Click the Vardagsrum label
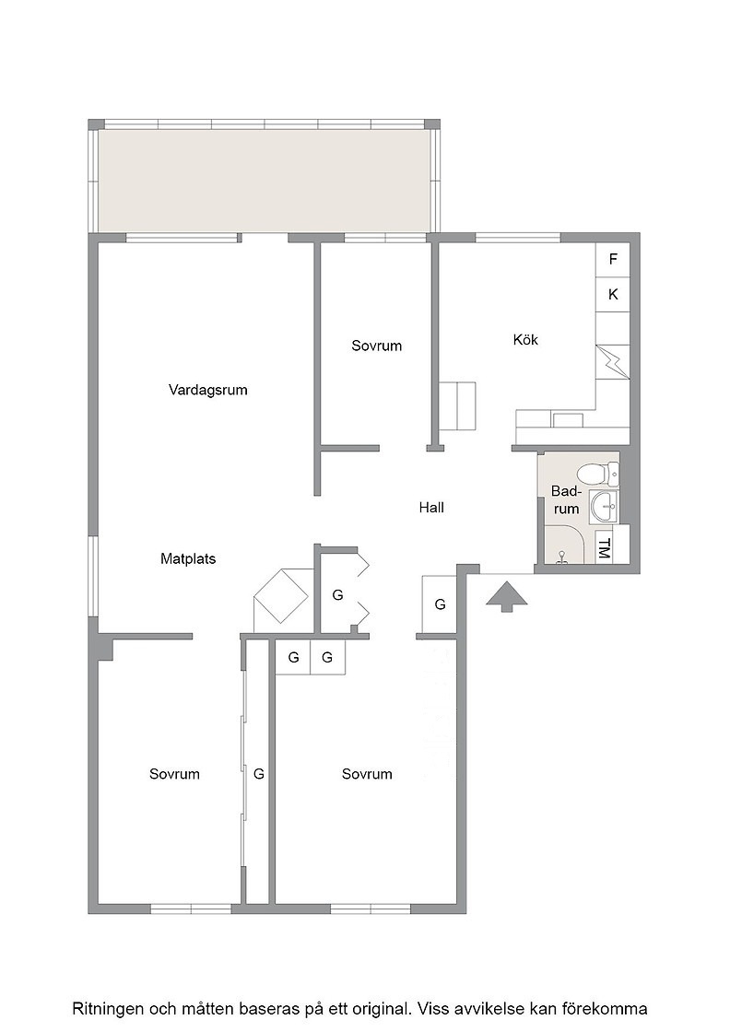pos(208,390)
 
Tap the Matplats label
pos(188,558)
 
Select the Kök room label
pos(525,340)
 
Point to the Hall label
pos(431,508)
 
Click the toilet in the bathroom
pos(597,473)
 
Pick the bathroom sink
pos(604,506)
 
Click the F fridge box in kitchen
pos(613,259)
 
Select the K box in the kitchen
pos(613,294)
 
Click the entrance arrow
pos(507,596)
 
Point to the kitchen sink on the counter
pos(568,419)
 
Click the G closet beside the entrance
pos(440,604)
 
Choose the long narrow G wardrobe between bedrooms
pos(258,774)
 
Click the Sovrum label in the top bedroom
pos(376,346)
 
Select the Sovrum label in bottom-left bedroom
pos(174,774)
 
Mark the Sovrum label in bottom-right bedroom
pos(367,774)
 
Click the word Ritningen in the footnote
pos(108,1009)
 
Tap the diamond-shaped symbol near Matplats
pos(282,595)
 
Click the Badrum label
pos(565,499)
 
